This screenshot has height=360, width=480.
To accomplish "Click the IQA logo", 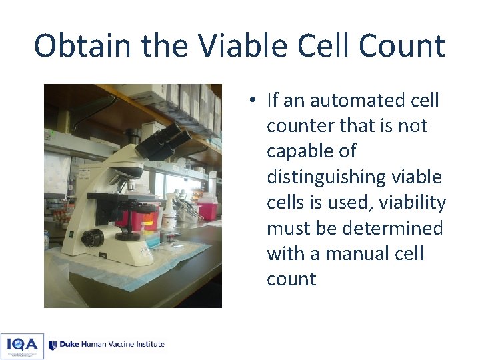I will [22, 345].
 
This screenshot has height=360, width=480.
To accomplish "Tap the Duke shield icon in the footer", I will [53, 345].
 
